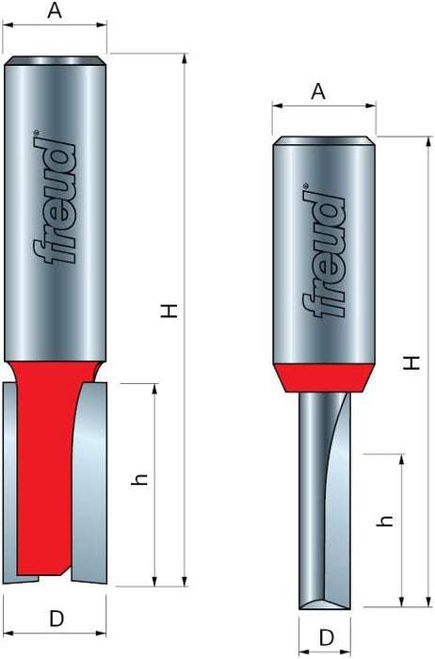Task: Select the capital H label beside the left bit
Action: (x=169, y=311)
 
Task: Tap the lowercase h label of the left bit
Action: (x=138, y=479)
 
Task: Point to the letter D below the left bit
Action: (x=56, y=619)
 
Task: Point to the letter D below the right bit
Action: (x=325, y=637)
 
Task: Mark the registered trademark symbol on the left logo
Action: (x=37, y=135)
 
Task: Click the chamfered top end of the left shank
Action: (x=56, y=61)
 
